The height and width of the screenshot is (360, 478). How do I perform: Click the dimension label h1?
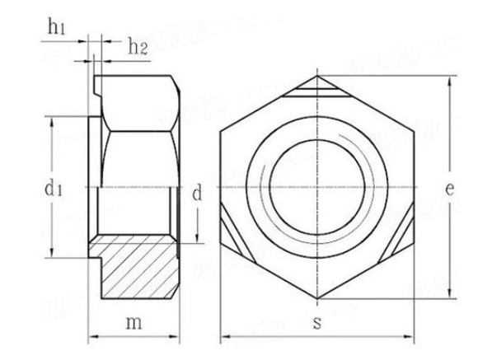point(56,27)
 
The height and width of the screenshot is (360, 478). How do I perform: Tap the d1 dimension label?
point(54,189)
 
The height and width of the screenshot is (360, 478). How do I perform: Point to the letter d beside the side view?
point(196,194)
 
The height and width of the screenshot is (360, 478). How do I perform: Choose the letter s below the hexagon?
point(317,323)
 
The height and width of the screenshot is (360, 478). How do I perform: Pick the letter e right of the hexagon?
point(449,189)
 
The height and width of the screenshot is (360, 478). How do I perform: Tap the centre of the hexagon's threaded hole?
point(317,189)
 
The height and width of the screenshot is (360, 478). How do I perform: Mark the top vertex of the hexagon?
point(317,77)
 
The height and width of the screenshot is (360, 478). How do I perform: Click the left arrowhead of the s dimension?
point(224,338)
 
